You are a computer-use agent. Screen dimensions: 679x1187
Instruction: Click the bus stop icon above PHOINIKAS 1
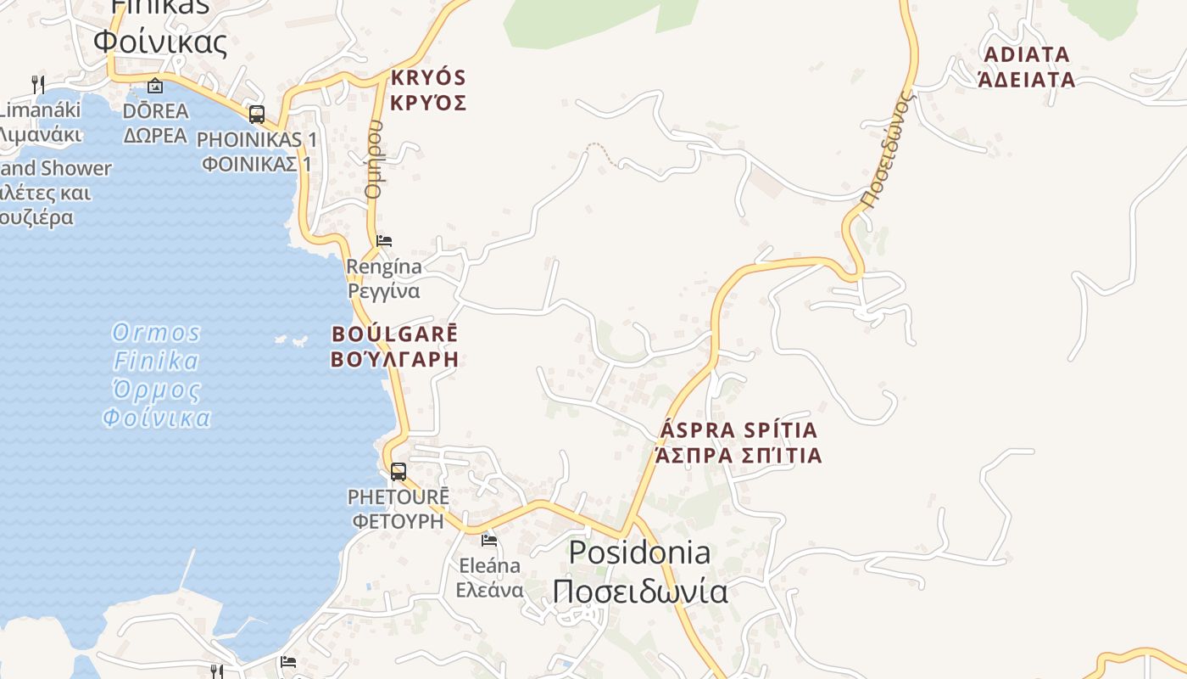pos(256,115)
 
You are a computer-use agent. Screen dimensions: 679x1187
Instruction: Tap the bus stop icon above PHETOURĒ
pos(398,472)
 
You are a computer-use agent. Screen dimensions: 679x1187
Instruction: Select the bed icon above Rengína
pos(384,241)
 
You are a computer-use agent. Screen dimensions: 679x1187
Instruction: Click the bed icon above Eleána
pos(489,540)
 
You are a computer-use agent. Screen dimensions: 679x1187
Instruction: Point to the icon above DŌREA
pos(155,86)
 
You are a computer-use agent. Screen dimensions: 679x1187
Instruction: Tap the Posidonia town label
pos(639,571)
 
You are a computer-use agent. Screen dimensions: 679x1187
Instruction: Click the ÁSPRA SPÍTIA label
pos(738,442)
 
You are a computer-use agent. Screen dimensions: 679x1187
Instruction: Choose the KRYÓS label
pos(428,90)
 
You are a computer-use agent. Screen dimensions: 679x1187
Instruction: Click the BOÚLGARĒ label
pos(394,345)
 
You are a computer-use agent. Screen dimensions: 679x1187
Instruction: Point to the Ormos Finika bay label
pos(157,374)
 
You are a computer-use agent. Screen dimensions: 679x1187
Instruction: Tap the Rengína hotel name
pos(384,278)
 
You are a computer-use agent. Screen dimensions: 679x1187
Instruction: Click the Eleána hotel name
pos(489,577)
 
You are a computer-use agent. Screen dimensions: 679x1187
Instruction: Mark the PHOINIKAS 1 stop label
pos(257,151)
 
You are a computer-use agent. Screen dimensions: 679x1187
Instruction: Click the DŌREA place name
pos(155,123)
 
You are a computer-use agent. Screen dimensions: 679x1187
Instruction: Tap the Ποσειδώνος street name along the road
pos(889,151)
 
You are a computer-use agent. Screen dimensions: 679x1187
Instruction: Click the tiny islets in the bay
pos(291,341)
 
